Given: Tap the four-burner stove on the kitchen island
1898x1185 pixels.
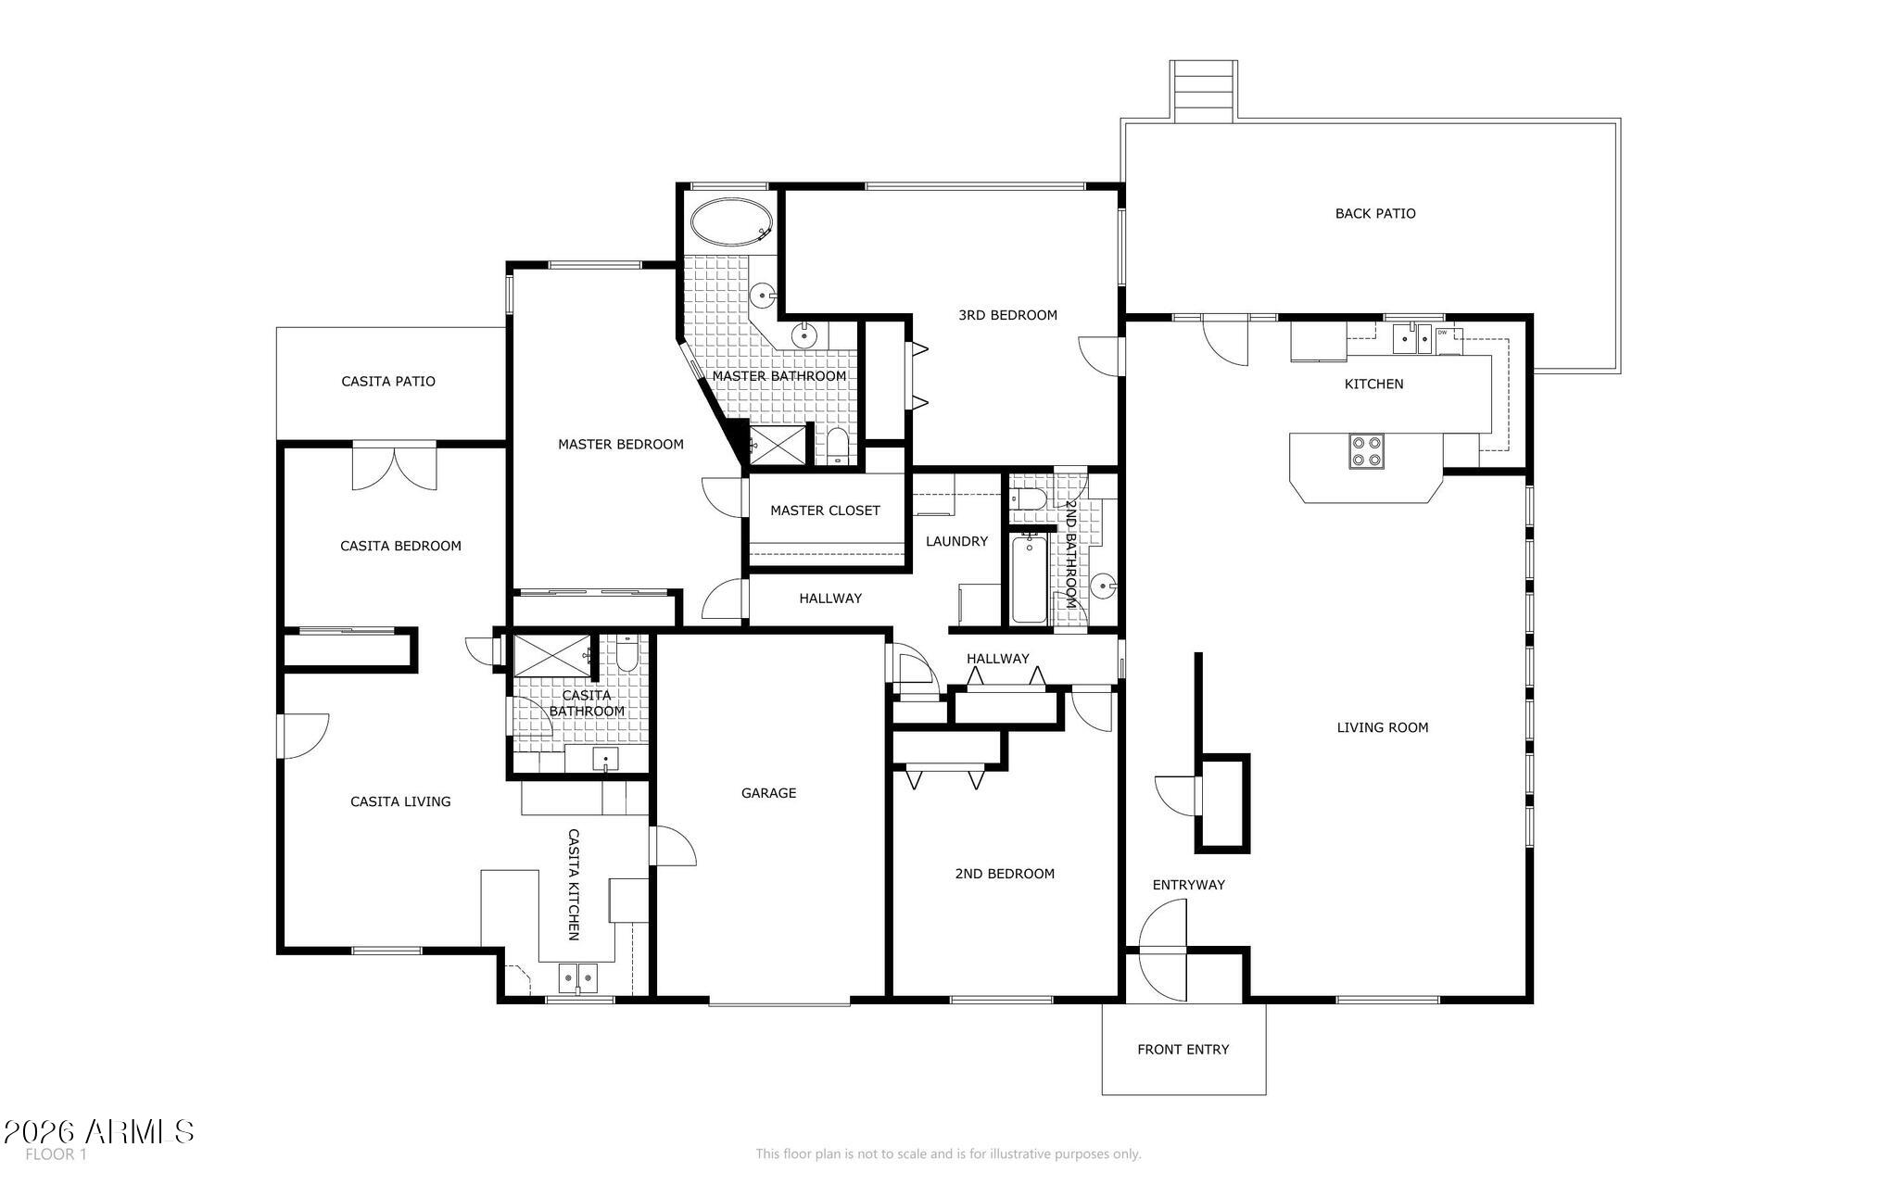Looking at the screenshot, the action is pyautogui.click(x=1367, y=451).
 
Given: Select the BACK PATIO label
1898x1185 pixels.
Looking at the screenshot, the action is pyautogui.click(x=1375, y=213).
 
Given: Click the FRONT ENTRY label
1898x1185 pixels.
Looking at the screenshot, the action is pyautogui.click(x=1183, y=1049).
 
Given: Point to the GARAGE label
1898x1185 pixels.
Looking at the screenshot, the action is pyautogui.click(x=768, y=792).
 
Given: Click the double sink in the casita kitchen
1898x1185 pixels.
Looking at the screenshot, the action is pyautogui.click(x=579, y=978).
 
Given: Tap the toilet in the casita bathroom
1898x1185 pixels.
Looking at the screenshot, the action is pyautogui.click(x=626, y=653).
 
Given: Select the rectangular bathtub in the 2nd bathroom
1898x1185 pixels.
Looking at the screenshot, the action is pyautogui.click(x=1029, y=578).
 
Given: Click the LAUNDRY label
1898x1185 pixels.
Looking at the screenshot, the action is pyautogui.click(x=956, y=541).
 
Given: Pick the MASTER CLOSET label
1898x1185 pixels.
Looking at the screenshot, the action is pyautogui.click(x=825, y=511).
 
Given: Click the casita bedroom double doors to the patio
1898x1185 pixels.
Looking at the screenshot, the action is pyautogui.click(x=394, y=467).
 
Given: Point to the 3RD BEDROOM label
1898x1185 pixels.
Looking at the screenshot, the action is pyautogui.click(x=1007, y=315).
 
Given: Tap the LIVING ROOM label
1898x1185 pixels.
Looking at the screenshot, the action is pyautogui.click(x=1382, y=727).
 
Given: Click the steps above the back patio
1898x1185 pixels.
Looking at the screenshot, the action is pyautogui.click(x=1203, y=91).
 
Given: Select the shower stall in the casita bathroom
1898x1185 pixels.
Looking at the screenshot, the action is pyautogui.click(x=552, y=655).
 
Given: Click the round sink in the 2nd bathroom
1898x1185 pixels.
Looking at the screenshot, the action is pyautogui.click(x=1103, y=586).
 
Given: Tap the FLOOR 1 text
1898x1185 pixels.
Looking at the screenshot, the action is pyautogui.click(x=56, y=1154).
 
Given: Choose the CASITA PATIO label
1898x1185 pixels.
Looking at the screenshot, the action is pyautogui.click(x=388, y=381).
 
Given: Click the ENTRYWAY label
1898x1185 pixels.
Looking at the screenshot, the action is pyautogui.click(x=1188, y=885).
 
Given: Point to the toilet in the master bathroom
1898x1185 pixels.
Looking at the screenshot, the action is pyautogui.click(x=837, y=446).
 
